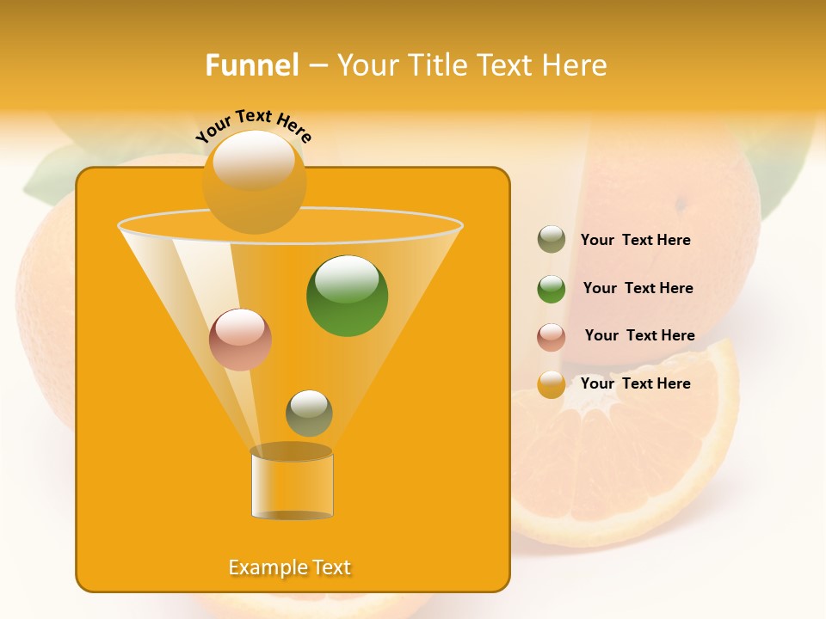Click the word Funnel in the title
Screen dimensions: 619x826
tap(251, 65)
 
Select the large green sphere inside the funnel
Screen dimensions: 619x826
tap(347, 296)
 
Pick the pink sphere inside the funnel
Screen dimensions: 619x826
tap(240, 340)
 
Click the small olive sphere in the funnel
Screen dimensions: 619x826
tap(309, 413)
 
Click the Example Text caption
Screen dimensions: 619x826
tap(289, 567)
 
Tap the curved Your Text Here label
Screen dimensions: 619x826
tap(254, 126)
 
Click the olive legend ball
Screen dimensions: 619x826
tap(552, 240)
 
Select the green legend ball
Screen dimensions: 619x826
tap(552, 289)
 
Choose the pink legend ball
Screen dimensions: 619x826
tap(552, 336)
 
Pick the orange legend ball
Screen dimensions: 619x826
tap(552, 384)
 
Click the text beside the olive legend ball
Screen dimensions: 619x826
tap(635, 240)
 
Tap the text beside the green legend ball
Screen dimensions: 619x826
tap(638, 288)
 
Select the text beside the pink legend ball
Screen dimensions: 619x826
tap(639, 335)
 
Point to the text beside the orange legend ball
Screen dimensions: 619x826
tap(635, 383)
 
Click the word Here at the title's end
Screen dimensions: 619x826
tap(575, 65)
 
